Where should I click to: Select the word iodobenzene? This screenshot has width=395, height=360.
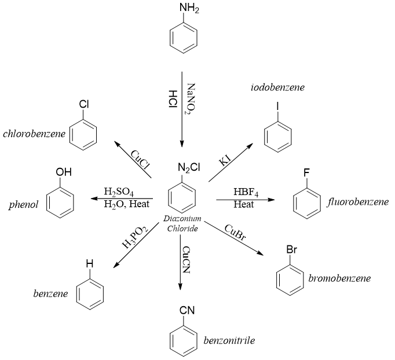click(277, 87)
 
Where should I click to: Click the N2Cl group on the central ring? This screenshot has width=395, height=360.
click(189, 169)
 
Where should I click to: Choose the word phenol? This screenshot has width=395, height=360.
click(24, 205)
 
